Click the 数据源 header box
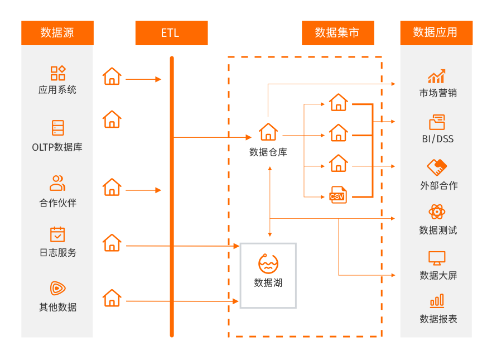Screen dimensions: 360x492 (57, 33)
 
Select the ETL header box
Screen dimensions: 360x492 (171, 33)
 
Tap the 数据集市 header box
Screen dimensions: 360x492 (337, 33)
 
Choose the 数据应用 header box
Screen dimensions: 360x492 (436, 33)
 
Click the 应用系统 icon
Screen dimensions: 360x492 (58, 73)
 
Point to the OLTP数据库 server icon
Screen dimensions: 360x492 (58, 128)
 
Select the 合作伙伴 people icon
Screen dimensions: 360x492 (57, 183)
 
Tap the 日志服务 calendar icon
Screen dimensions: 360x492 (57, 234)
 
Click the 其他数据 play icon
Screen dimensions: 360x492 (57, 288)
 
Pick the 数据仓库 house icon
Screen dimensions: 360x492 (268, 132)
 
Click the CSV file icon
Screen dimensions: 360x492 (338, 195)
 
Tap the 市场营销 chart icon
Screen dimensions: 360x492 (436, 76)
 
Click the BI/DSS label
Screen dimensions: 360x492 (438, 139)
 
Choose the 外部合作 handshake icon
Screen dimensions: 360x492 (437, 167)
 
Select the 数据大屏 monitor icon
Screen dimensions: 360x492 (437, 258)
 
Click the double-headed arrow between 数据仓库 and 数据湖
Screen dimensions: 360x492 (270, 201)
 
